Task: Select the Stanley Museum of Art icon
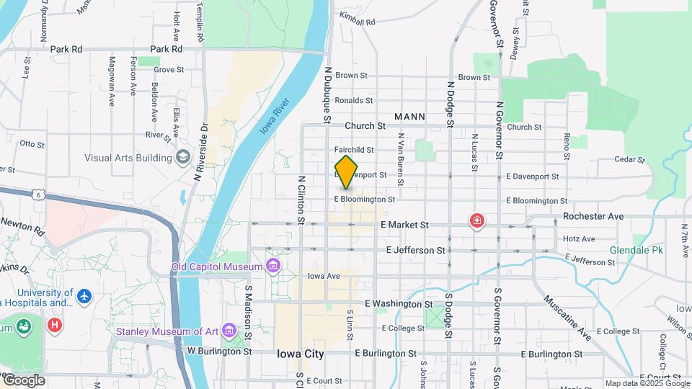tap(230, 331)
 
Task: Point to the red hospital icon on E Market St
tap(476, 221)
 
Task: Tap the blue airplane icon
tap(85, 295)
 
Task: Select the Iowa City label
tap(301, 354)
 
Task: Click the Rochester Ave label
tap(593, 216)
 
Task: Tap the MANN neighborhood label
tap(409, 117)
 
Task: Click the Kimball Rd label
tap(358, 22)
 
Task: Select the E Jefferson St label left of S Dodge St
tap(415, 250)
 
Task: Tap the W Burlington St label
tap(219, 352)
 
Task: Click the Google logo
tap(23, 380)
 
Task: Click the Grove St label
tap(169, 70)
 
